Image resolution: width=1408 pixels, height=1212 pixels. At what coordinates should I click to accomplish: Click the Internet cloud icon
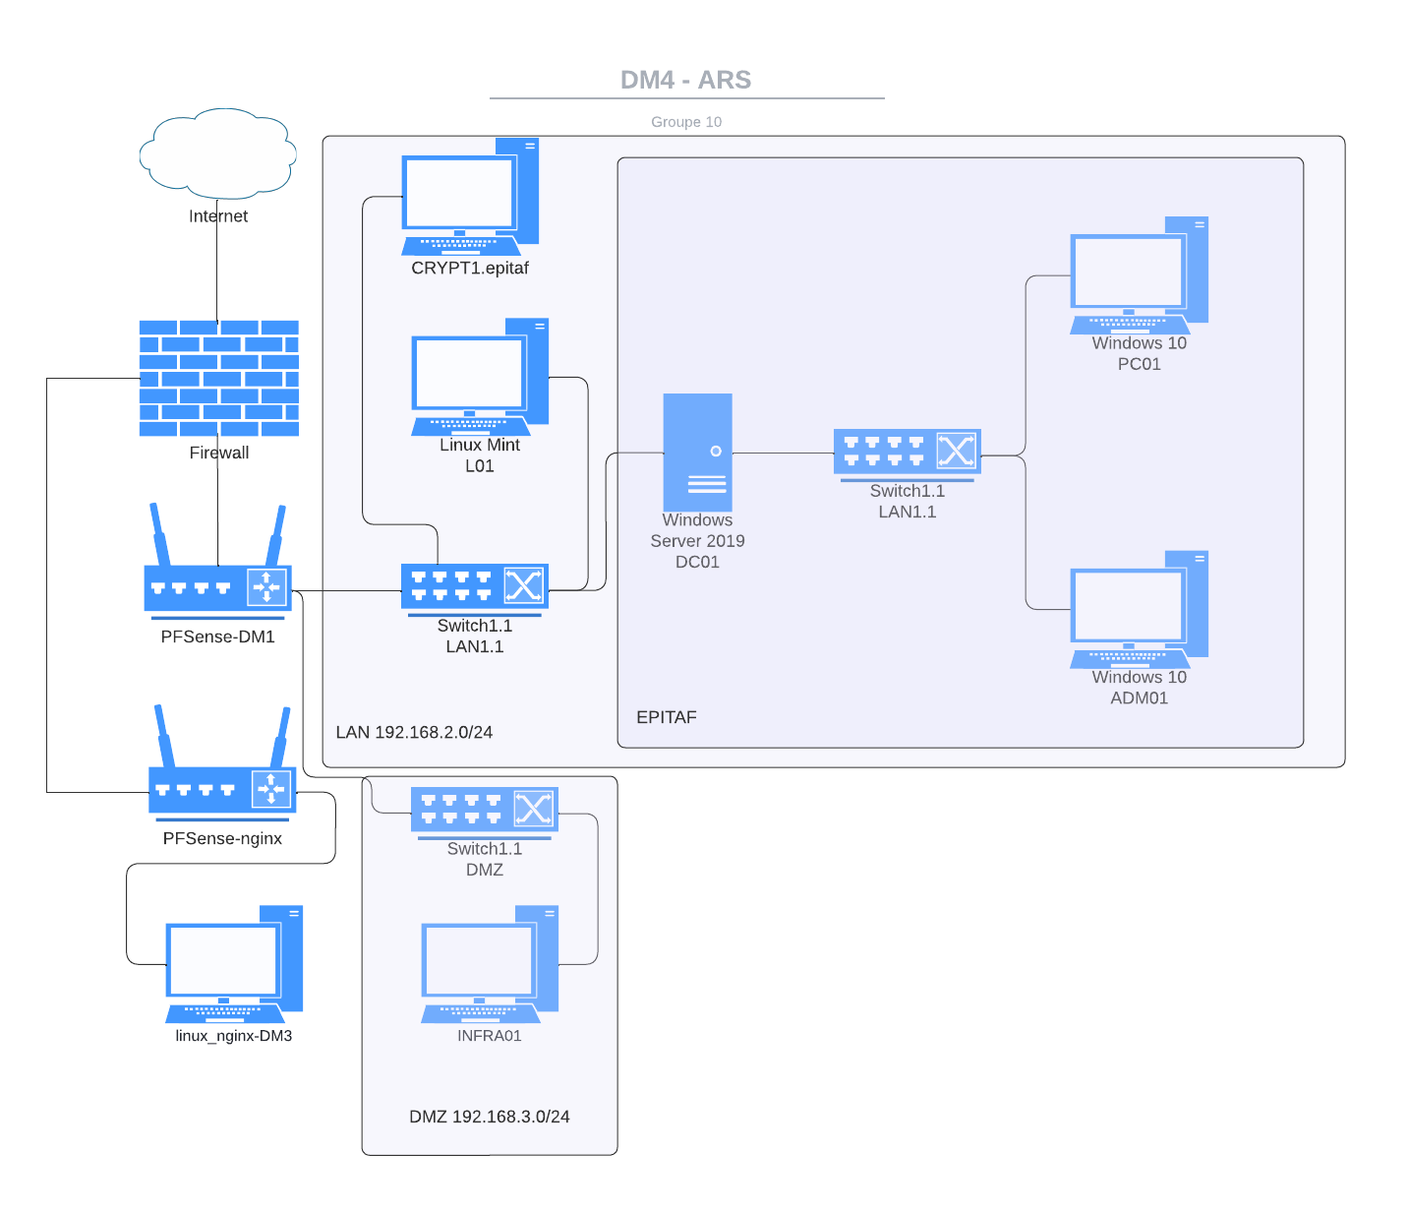[217, 152]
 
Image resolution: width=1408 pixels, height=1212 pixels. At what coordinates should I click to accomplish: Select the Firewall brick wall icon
[218, 378]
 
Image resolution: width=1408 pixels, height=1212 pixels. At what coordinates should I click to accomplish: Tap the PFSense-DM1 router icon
[217, 586]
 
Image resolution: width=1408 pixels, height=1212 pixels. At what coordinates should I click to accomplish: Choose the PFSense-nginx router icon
[222, 788]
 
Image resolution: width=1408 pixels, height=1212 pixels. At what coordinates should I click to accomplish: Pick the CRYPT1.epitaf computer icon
[470, 197]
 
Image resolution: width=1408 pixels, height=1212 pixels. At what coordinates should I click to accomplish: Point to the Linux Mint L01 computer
[480, 377]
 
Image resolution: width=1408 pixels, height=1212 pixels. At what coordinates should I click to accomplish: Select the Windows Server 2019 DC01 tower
[697, 453]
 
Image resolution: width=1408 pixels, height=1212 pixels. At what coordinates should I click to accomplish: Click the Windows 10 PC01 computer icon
[1139, 275]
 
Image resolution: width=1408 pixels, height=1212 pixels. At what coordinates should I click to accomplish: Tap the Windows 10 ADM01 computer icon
[1139, 610]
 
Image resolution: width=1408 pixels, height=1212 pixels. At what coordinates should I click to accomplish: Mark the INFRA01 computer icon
[490, 964]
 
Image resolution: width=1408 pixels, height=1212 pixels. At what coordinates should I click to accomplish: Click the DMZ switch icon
[484, 810]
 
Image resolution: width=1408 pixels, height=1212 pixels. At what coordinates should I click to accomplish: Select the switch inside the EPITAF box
[907, 453]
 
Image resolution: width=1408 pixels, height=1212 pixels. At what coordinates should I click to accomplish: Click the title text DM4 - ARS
[686, 80]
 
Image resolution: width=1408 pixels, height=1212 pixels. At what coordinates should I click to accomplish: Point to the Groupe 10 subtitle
[686, 122]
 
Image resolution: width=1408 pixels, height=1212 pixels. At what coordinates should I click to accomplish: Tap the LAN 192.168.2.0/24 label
[414, 732]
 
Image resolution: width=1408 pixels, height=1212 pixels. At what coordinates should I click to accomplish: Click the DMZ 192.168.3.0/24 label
[489, 1117]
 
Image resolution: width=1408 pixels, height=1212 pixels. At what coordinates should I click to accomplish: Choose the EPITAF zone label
[666, 717]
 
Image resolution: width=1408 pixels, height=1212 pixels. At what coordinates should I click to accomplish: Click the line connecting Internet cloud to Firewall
[217, 271]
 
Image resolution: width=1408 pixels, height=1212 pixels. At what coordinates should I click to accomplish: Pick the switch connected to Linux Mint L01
[474, 587]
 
